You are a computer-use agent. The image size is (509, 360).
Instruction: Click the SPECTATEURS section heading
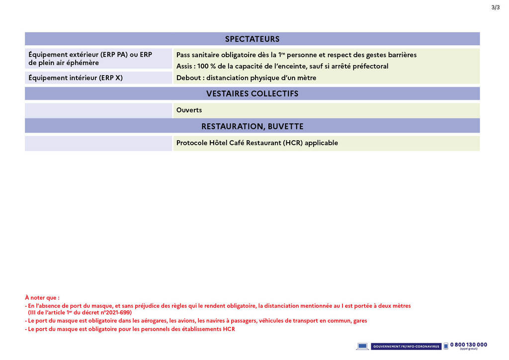tap(252, 39)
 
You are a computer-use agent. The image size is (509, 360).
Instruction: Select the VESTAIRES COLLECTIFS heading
tap(252, 93)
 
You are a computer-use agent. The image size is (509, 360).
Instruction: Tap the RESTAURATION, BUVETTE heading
tap(252, 126)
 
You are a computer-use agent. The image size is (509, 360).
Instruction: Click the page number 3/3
tap(495, 7)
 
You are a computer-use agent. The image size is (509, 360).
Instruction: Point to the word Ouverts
tap(189, 110)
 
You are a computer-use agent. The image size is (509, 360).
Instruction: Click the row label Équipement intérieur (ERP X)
tap(76, 78)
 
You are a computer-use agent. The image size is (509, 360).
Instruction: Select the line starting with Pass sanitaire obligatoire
tap(296, 55)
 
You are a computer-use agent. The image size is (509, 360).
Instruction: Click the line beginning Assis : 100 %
tap(282, 66)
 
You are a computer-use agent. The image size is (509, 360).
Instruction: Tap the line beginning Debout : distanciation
tap(246, 78)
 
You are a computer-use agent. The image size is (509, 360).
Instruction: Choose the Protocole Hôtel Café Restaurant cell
tap(257, 143)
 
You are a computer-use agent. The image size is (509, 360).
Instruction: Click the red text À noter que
tap(42, 298)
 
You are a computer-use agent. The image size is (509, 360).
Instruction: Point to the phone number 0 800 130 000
tap(468, 345)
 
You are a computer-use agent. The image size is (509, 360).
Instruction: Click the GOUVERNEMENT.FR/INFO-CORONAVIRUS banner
tap(406, 346)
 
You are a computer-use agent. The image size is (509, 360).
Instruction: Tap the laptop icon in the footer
tap(362, 346)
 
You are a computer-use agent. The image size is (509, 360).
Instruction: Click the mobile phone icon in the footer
tap(446, 346)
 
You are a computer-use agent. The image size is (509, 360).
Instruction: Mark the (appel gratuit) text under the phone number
tap(468, 349)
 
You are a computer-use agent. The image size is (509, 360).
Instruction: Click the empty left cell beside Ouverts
tap(98, 110)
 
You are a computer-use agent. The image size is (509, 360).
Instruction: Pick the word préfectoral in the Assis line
tap(370, 66)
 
